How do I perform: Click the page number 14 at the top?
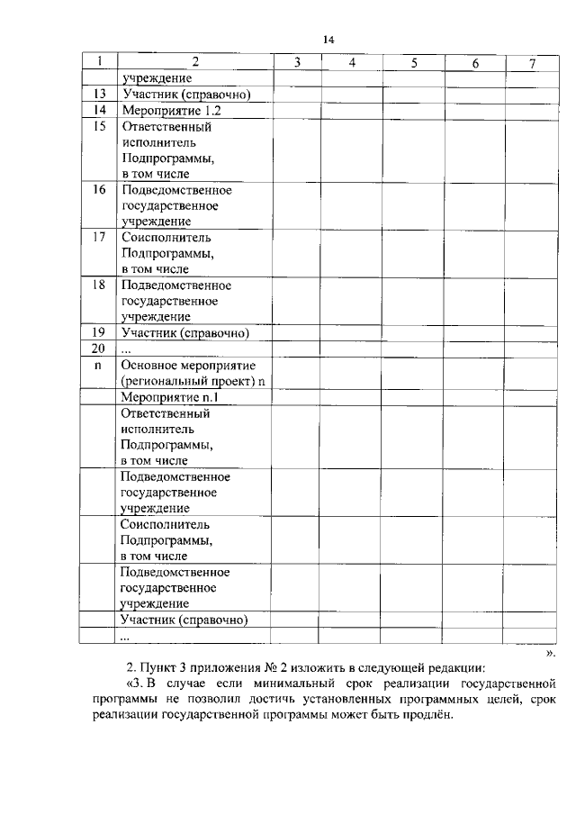click(328, 40)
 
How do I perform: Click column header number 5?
click(413, 62)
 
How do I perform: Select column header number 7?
click(532, 62)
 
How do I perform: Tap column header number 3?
click(296, 62)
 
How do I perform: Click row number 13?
click(99, 95)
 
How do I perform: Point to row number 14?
click(99, 110)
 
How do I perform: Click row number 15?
click(99, 127)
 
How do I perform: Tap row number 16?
click(99, 189)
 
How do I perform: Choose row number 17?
click(99, 238)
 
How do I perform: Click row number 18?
click(99, 285)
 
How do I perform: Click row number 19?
click(99, 333)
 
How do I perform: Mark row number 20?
click(99, 349)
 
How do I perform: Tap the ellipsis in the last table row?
click(125, 636)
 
